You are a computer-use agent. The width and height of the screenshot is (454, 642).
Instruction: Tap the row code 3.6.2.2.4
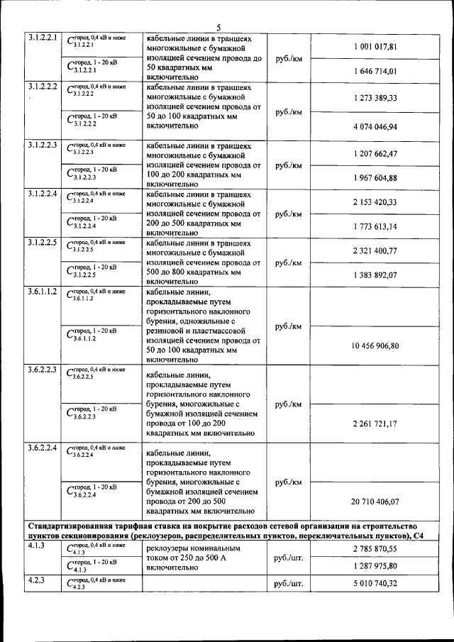point(42,448)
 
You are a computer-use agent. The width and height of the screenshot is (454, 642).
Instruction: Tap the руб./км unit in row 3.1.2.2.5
point(288,262)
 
